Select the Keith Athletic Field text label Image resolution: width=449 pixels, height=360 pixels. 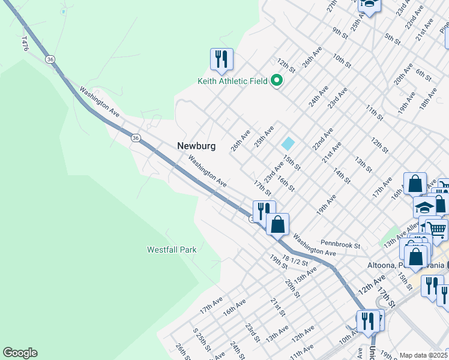[x=233, y=80]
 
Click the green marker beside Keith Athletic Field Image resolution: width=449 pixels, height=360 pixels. [x=277, y=80]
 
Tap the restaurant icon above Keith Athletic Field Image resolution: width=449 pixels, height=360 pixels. [x=221, y=59]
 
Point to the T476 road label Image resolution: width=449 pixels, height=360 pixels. [x=25, y=43]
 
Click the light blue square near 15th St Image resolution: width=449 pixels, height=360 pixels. [x=288, y=144]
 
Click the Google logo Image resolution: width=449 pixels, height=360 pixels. [x=20, y=353]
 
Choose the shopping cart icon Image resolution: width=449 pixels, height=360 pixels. [x=436, y=228]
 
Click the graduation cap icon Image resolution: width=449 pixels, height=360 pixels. [x=424, y=207]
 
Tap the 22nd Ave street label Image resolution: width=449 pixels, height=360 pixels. [x=322, y=139]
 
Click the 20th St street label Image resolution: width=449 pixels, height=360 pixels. [x=292, y=287]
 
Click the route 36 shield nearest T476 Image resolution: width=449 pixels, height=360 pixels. [x=51, y=59]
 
